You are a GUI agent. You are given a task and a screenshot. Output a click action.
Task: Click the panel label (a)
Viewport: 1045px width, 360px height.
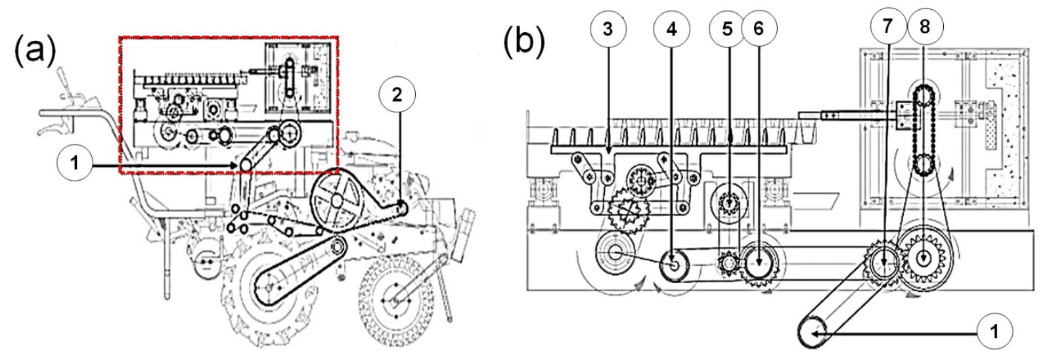[x=35, y=51]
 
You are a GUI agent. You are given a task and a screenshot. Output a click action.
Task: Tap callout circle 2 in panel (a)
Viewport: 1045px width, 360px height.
[x=397, y=95]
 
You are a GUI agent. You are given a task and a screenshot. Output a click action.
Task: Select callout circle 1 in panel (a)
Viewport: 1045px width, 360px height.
[x=74, y=165]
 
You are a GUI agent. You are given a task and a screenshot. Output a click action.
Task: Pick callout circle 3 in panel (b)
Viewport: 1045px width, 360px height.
[x=608, y=28]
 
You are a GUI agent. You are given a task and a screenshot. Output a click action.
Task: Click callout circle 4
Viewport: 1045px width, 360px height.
[x=671, y=29]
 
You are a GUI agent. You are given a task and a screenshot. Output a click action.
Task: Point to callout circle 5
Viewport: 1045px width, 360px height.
[x=727, y=29]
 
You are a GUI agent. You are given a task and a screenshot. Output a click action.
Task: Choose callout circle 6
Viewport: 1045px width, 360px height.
[x=759, y=28]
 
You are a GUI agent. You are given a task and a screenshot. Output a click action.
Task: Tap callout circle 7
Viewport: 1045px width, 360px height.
[x=887, y=26]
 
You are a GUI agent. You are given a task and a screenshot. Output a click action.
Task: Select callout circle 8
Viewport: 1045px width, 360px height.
[x=925, y=26]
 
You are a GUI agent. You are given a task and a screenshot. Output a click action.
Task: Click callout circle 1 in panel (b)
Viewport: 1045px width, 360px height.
[x=994, y=332]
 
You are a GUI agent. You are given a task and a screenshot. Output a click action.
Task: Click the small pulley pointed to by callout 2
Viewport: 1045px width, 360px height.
[x=401, y=208]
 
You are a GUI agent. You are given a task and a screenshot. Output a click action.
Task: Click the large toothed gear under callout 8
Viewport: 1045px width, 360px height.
[x=924, y=259]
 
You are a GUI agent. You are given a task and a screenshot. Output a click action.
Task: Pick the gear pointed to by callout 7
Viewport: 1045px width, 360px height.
[x=883, y=263]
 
